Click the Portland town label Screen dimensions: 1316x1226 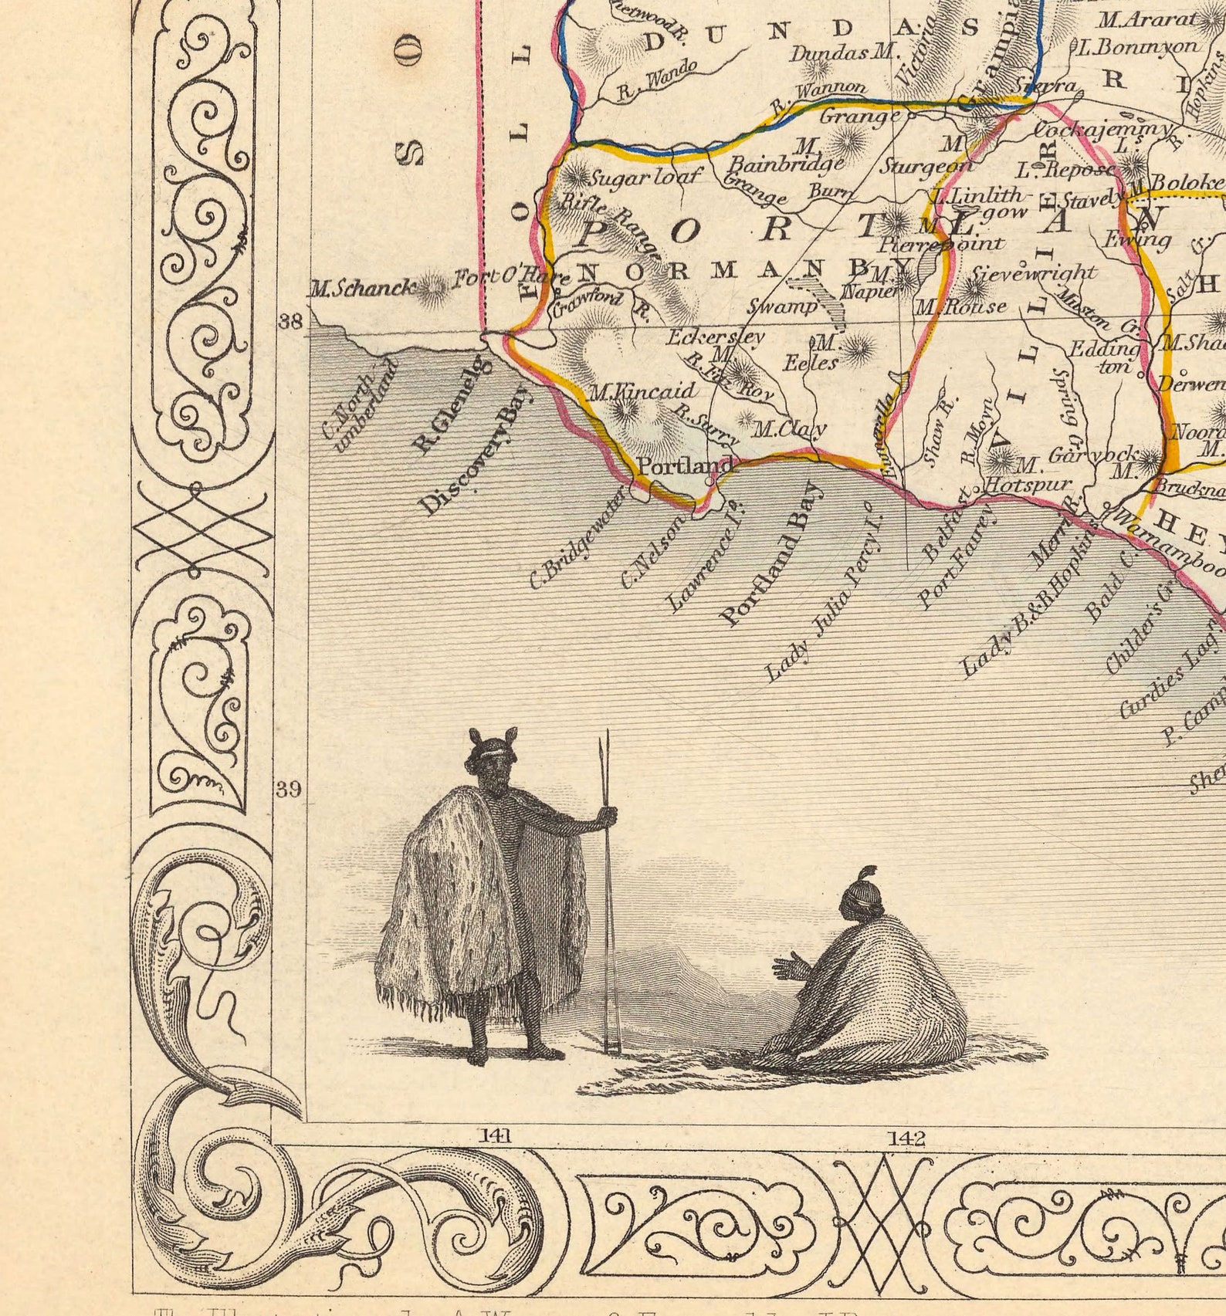tap(684, 466)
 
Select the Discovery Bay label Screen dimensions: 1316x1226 tap(476, 450)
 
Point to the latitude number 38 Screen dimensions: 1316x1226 tap(290, 322)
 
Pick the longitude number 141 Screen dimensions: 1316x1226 tap(494, 1135)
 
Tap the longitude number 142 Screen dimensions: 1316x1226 tap(906, 1138)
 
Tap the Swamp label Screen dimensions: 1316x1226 tap(782, 306)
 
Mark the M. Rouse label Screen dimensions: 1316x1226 tap(960, 307)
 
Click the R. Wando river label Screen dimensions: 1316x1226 tap(657, 80)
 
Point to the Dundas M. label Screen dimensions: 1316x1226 tap(842, 53)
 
